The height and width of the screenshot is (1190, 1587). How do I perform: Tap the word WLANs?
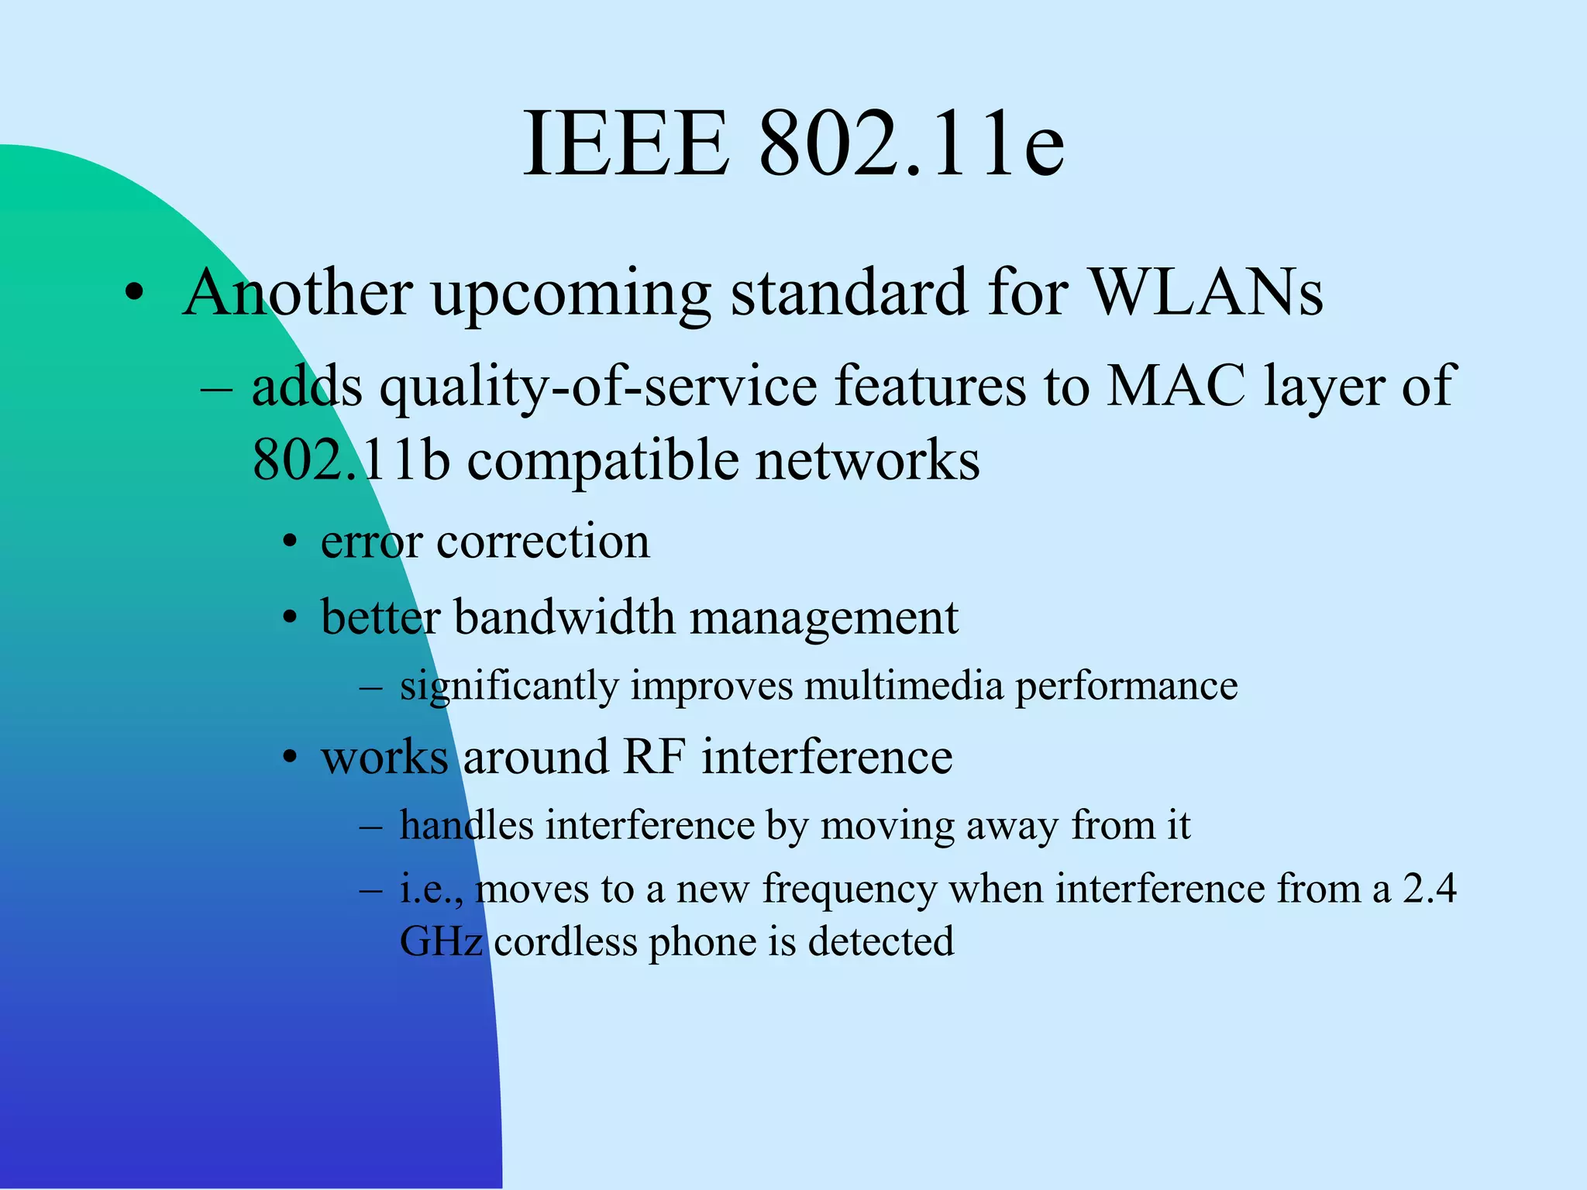1207,293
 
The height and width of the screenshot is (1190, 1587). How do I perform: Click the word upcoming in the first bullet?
571,294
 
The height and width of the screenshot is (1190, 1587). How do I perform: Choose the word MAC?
1177,385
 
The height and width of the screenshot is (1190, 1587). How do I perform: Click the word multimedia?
904,686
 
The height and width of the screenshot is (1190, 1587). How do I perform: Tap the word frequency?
849,889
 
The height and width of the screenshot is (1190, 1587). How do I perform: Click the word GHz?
441,942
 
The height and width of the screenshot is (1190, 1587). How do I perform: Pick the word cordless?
566,942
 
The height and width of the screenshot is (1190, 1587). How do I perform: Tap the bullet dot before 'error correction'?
290,543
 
